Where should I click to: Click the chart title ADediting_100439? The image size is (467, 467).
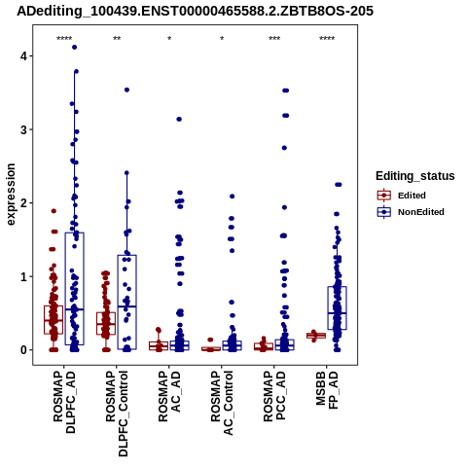(x=196, y=11)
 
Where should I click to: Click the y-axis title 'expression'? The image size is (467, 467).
(x=11, y=195)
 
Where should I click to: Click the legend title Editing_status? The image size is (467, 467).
(x=415, y=176)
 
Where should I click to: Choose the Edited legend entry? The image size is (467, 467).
(x=401, y=196)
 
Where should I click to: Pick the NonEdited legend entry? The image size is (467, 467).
(x=411, y=212)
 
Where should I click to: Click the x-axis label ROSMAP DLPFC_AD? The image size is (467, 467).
(x=64, y=403)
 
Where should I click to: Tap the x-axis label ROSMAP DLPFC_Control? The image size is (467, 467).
(x=117, y=413)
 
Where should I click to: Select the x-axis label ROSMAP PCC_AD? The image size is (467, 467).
(x=274, y=396)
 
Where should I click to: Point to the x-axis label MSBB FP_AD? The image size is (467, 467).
(x=327, y=390)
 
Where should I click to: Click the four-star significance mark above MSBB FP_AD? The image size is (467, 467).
(x=327, y=39)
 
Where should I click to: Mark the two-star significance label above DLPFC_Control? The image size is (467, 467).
(x=117, y=39)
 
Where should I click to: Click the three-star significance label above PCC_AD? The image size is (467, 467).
(x=274, y=39)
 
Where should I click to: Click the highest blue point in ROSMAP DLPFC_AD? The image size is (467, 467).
(x=74, y=48)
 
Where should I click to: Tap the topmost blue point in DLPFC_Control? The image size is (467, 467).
(x=126, y=90)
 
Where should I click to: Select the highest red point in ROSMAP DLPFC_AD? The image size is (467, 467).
(x=54, y=211)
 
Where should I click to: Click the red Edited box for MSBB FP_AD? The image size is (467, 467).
(x=316, y=336)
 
